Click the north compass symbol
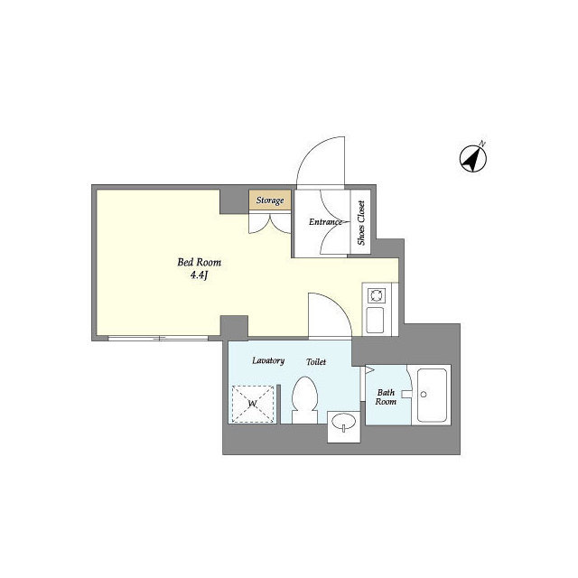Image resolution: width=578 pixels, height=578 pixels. (x=473, y=158)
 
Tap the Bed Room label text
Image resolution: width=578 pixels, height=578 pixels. (x=200, y=263)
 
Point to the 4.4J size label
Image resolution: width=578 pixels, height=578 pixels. (x=200, y=275)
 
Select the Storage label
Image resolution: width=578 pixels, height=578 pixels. (x=270, y=200)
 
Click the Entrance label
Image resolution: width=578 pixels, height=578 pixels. (x=325, y=222)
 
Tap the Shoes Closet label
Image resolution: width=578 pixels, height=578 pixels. (x=361, y=223)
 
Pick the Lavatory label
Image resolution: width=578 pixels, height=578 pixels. (x=268, y=360)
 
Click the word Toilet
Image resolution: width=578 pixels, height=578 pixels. (x=316, y=362)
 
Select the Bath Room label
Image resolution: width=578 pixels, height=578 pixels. (x=386, y=397)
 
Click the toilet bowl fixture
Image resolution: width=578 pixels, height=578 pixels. (x=305, y=399)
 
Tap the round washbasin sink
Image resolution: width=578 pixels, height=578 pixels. (x=343, y=421)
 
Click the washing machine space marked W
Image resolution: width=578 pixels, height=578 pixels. (x=253, y=404)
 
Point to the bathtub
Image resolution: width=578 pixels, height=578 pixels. (x=432, y=396)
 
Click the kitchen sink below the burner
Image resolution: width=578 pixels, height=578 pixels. (x=376, y=321)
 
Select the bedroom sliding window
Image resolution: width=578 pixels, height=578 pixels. (x=159, y=338)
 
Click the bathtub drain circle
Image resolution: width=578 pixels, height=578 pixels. (x=424, y=395)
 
